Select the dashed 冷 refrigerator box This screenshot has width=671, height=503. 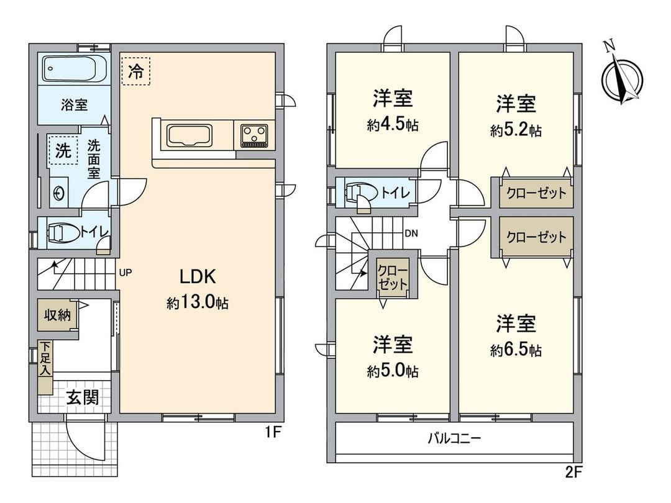(135, 71)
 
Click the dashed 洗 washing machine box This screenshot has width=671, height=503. (63, 150)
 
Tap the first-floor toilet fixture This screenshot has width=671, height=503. (64, 233)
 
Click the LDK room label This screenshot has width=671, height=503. (198, 276)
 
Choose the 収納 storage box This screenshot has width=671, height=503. (57, 315)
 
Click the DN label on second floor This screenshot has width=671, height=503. (411, 233)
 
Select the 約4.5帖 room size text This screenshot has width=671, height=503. (393, 125)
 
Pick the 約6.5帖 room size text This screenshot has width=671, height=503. (516, 350)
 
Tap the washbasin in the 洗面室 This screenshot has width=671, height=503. (60, 193)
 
